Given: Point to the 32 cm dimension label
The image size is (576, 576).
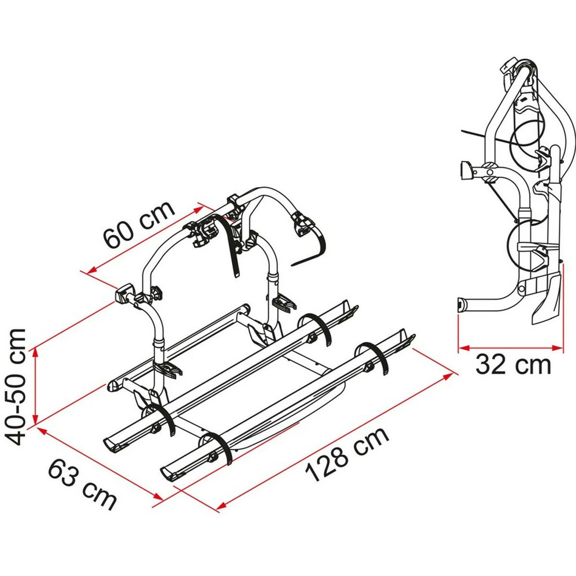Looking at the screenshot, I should pos(513,364).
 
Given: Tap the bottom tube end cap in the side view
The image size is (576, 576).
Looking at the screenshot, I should pos(462,305).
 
